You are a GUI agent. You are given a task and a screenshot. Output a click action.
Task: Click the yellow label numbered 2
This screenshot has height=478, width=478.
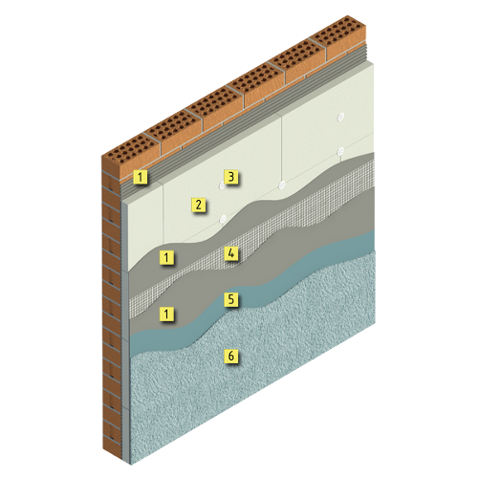198,205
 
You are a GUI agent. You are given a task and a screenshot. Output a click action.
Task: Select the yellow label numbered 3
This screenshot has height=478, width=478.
231,177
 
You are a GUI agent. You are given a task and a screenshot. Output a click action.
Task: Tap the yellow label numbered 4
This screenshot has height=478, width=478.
231,253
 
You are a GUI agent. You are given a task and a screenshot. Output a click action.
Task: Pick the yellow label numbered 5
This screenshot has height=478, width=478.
231,299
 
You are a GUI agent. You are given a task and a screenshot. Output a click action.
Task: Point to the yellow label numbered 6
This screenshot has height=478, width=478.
231,356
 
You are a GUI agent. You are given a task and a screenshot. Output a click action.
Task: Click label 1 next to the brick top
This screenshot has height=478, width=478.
141,177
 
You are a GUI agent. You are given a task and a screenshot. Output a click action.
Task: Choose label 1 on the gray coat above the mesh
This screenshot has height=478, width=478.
166,257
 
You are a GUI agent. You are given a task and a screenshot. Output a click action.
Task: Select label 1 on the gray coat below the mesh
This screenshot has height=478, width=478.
166,314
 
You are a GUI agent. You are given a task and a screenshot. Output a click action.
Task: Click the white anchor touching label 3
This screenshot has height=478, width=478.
222,185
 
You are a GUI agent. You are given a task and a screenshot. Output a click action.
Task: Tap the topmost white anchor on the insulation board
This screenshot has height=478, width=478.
341,117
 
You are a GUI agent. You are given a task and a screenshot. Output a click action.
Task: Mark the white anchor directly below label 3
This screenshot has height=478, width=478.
223,219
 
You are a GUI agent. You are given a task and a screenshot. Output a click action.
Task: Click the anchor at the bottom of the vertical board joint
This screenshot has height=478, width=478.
282,185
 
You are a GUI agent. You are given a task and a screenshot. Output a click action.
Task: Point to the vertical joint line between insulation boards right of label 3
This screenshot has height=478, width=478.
281,150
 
